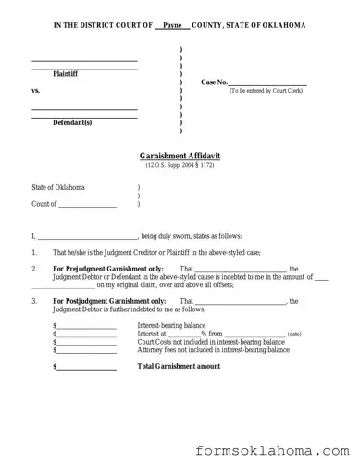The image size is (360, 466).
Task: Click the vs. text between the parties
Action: tap(36, 91)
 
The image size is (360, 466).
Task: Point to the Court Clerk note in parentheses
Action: tap(267, 91)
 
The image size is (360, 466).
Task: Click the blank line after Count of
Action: tap(88, 203)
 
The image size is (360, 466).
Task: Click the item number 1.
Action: tap(34, 253)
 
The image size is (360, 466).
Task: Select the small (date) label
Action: tap(294, 334)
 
